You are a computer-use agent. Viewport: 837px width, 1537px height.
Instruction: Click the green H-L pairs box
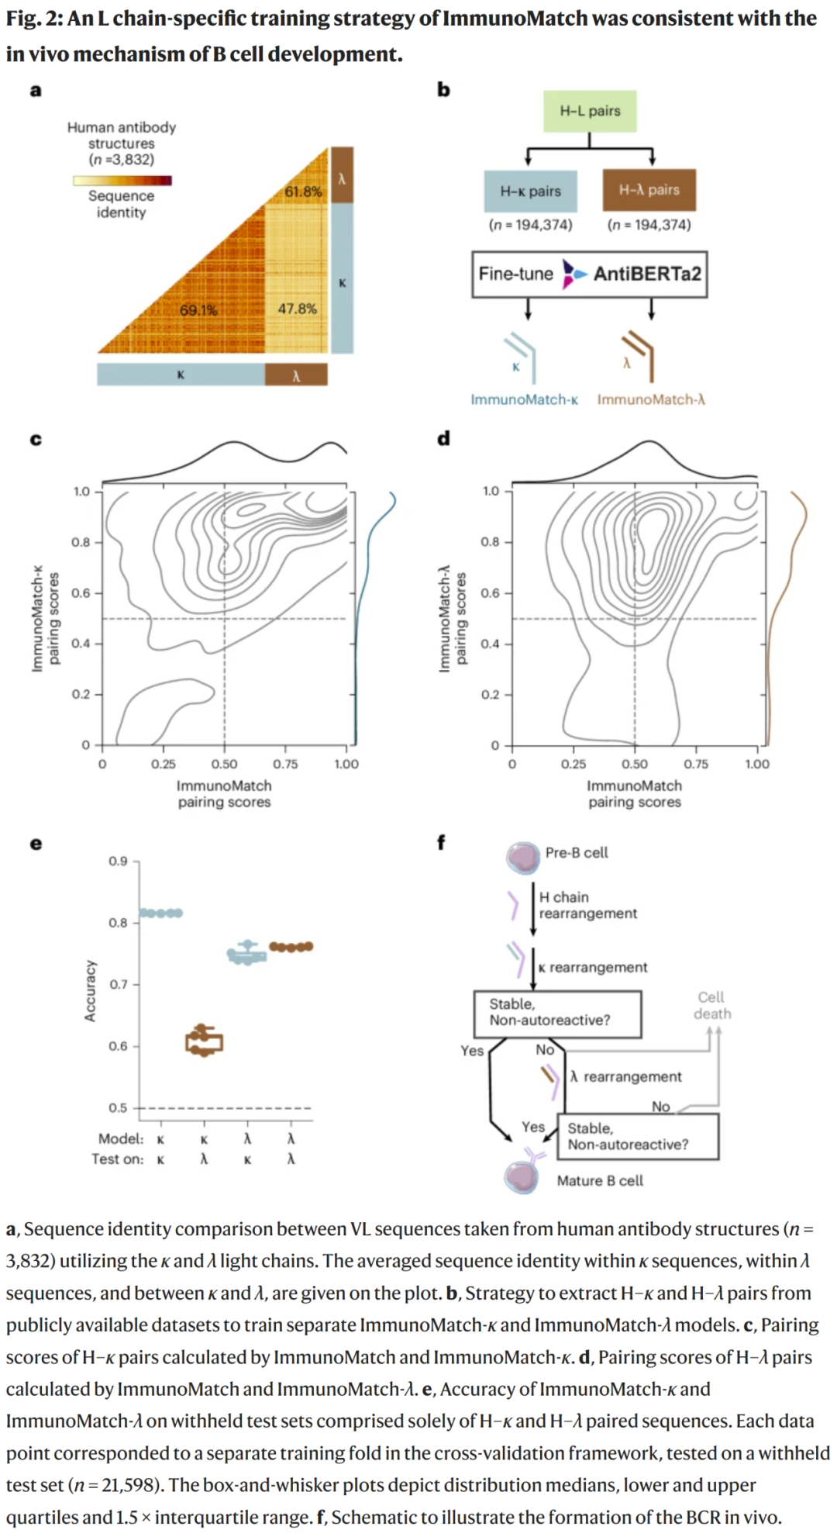pos(590,111)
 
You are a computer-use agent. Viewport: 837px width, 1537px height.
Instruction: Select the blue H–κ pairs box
pos(530,191)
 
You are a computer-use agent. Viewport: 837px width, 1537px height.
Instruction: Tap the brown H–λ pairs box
pos(649,190)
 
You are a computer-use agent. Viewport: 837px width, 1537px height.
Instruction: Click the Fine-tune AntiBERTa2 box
pos(589,274)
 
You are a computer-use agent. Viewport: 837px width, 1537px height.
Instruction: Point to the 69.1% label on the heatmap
pos(198,310)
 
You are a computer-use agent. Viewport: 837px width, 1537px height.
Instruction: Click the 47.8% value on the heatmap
pos(297,309)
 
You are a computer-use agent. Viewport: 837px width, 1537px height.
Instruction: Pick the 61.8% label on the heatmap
pos(303,191)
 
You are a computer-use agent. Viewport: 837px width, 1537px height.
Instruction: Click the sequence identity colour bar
pos(122,180)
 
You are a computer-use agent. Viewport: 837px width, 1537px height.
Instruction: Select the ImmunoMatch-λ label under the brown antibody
pos(651,399)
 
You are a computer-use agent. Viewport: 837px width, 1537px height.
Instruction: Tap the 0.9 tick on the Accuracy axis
pos(118,861)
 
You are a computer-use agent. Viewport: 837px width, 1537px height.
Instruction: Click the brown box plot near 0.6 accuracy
pos(204,1041)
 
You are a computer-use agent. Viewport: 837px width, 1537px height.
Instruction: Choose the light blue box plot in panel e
pos(247,954)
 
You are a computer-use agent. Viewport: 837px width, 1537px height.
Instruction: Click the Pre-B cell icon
pos(523,856)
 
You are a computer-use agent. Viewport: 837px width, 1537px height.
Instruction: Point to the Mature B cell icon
pos(522,1176)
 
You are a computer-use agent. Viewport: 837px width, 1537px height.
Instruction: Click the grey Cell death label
pos(711,1005)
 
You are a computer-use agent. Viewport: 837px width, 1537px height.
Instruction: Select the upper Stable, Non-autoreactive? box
pos(557,1013)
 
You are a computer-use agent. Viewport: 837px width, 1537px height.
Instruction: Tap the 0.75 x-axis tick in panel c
pos(285,764)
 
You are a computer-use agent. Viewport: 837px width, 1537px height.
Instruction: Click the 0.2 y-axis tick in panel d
pos(490,694)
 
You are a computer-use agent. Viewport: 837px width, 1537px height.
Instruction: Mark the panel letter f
pos(441,842)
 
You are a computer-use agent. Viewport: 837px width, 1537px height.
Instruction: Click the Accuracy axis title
pos(91,990)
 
